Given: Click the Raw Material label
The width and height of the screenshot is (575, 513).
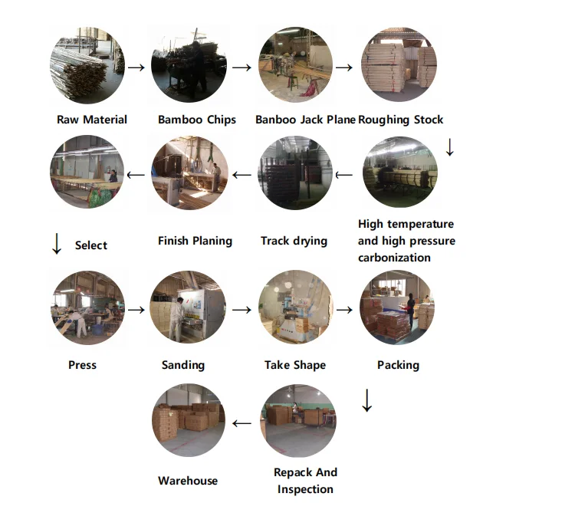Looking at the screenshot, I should [92, 120].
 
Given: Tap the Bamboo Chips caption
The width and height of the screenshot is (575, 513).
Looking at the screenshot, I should [197, 120].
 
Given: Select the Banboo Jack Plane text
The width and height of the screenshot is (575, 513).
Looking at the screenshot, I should [305, 120].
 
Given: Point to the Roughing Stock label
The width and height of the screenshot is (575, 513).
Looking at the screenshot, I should [400, 120].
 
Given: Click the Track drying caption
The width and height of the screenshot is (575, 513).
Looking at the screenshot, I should [294, 241].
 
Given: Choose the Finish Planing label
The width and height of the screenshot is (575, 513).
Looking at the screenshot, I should [195, 241].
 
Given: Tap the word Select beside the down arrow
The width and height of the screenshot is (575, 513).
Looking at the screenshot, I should [91, 245].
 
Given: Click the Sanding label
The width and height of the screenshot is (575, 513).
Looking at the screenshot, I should [183, 365].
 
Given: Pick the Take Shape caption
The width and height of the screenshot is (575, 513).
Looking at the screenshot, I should [295, 365].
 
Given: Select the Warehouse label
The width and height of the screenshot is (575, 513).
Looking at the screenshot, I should [188, 481].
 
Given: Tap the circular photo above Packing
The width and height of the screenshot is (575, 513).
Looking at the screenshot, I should [396, 307].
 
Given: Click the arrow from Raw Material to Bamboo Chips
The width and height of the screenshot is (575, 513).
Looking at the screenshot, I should [136, 67].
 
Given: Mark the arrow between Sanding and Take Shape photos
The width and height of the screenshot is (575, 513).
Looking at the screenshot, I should [242, 310].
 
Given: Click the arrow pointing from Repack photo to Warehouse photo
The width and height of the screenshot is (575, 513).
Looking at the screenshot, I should [242, 423].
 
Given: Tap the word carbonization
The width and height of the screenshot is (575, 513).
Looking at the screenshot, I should [394, 258].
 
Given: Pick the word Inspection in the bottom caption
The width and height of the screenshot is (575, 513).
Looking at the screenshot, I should [305, 489].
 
